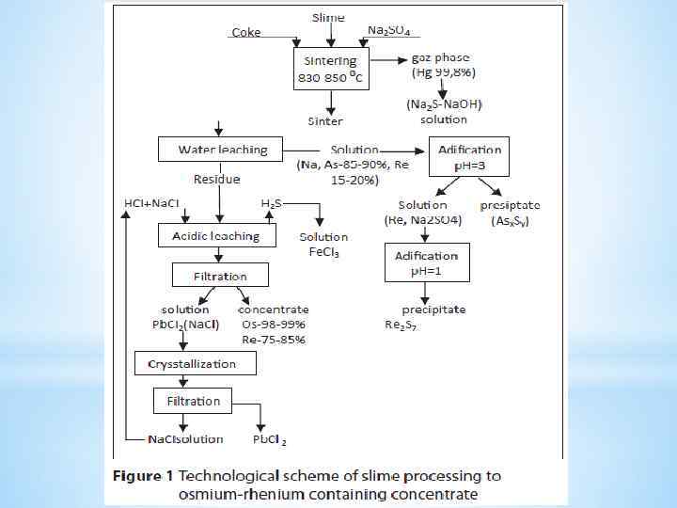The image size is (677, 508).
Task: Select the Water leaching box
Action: click(223, 150)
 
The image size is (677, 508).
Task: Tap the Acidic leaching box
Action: click(216, 236)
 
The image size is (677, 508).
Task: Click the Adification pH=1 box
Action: click(427, 262)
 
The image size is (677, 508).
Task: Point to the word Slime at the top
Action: click(328, 18)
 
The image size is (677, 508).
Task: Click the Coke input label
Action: click(246, 33)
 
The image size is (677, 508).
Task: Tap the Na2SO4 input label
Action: click(388, 30)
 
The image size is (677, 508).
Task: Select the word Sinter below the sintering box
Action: click(325, 121)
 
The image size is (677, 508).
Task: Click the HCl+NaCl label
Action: click(153, 203)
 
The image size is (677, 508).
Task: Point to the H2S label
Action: click(272, 203)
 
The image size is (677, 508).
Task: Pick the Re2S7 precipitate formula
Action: click(401, 325)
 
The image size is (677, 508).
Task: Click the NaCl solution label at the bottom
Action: click(185, 438)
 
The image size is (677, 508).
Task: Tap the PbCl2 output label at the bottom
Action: click(269, 439)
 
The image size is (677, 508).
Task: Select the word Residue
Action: click(216, 179)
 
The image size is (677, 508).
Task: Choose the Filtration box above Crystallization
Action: click(220, 276)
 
